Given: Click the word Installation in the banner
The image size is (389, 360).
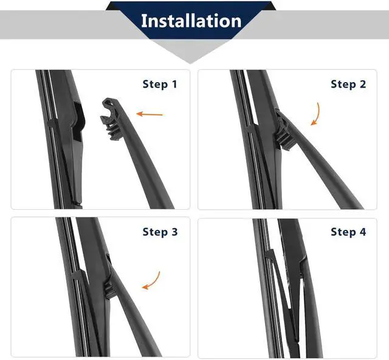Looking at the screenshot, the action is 191,21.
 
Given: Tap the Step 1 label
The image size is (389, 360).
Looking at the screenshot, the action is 160,84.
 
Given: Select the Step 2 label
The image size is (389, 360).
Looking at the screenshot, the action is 348,84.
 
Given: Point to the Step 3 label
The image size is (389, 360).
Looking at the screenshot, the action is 160,232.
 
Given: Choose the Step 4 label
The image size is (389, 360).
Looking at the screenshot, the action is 348,232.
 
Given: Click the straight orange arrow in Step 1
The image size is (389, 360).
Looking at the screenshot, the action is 150,114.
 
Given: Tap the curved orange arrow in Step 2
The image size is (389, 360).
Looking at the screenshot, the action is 317,114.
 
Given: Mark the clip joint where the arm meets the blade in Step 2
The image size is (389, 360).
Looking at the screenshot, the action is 284,130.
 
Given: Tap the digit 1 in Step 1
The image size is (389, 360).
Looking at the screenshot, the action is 174,84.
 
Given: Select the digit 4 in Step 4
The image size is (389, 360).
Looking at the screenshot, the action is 363,232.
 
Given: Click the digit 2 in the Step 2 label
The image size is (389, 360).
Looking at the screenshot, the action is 363,84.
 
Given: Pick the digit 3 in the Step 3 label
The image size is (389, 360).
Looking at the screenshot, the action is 174,232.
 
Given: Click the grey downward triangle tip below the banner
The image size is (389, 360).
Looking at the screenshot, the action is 190,63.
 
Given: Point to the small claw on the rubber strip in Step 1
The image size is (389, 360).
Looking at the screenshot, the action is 52,123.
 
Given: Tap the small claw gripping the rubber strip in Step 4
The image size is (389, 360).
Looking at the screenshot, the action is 270,254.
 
